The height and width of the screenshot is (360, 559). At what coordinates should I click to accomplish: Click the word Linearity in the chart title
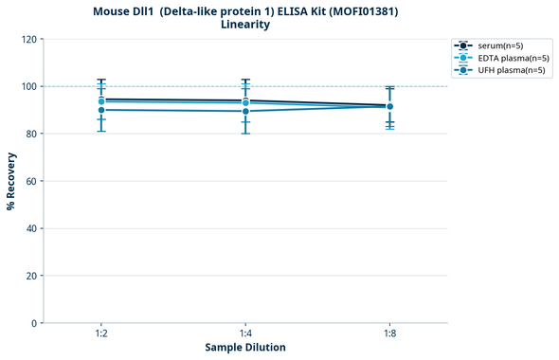click(x=244, y=26)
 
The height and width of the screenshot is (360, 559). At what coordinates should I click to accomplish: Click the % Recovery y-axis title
click(x=11, y=181)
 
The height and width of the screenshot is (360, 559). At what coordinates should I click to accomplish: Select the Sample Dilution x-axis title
click(x=245, y=348)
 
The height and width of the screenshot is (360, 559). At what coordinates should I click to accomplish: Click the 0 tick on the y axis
click(x=34, y=323)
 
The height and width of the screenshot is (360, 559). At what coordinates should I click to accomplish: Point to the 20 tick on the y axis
click(x=31, y=276)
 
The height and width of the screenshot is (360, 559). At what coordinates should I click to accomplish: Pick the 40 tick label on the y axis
click(x=31, y=228)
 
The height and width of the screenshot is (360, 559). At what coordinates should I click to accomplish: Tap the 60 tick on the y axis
click(x=31, y=181)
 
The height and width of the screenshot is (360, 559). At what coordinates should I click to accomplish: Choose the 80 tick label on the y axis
click(x=31, y=134)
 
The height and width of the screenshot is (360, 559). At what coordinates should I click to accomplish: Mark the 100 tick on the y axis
click(x=28, y=86)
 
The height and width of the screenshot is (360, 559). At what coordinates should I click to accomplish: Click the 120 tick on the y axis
click(x=28, y=39)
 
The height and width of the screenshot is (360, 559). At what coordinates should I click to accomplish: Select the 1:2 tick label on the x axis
click(x=101, y=334)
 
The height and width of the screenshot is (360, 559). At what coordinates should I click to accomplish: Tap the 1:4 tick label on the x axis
click(x=245, y=334)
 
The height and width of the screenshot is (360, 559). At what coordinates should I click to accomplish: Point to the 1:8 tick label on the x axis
click(x=389, y=334)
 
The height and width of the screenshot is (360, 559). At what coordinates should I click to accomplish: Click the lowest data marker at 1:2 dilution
click(x=101, y=110)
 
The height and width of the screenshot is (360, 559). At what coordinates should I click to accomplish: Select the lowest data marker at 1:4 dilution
click(x=245, y=111)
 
